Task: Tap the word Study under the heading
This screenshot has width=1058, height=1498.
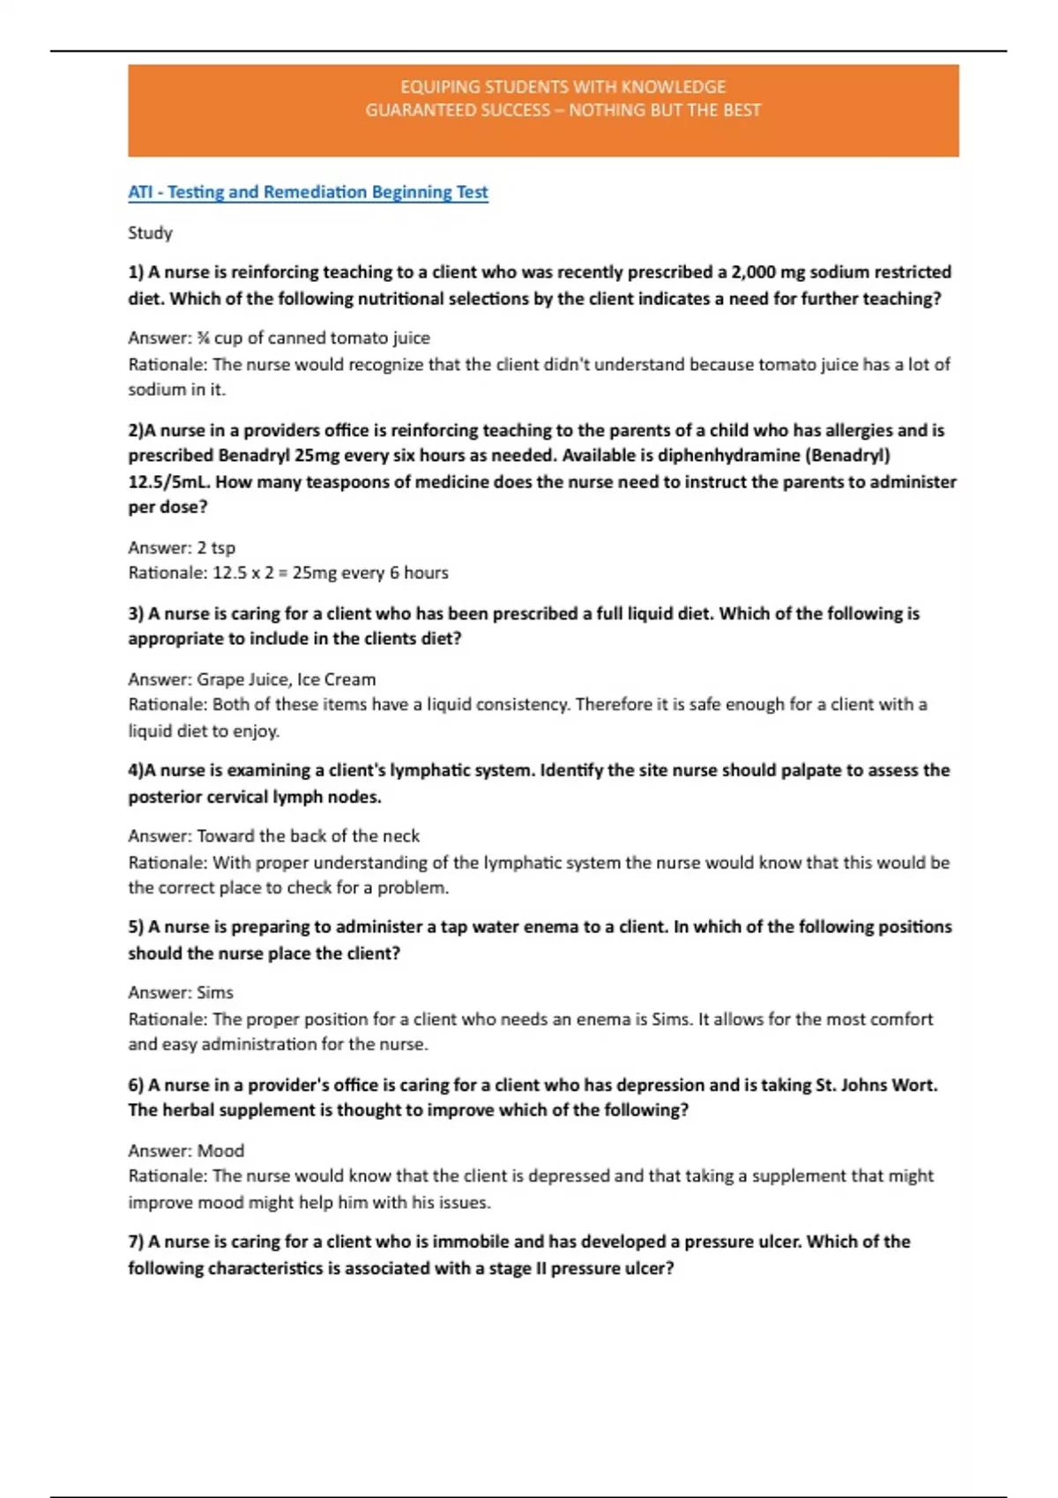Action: tap(150, 234)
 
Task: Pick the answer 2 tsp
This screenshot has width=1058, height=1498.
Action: tap(216, 548)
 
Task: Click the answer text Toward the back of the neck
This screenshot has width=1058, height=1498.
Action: tap(308, 836)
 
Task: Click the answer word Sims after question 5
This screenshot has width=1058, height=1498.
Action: tap(215, 993)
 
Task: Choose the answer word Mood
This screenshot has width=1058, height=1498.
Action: tap(220, 1151)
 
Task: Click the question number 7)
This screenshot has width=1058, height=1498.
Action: tap(136, 1242)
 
